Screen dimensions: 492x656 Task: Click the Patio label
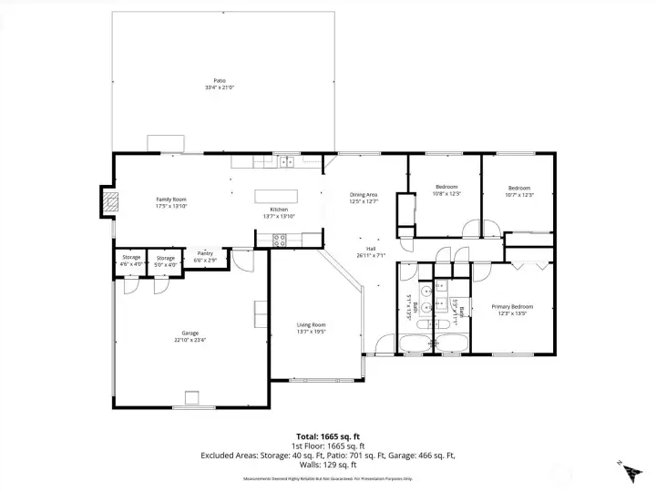219,81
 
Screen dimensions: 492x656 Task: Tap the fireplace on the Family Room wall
109,201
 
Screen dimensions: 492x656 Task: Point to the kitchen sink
288,162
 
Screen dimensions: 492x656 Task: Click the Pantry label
205,253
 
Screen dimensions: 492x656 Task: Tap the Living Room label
312,324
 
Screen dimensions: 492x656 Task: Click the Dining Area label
364,195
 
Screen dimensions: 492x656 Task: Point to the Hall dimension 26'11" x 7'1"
371,256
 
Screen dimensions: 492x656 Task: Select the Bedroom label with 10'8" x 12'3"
446,193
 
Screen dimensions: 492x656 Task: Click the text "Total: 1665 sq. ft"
327,436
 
